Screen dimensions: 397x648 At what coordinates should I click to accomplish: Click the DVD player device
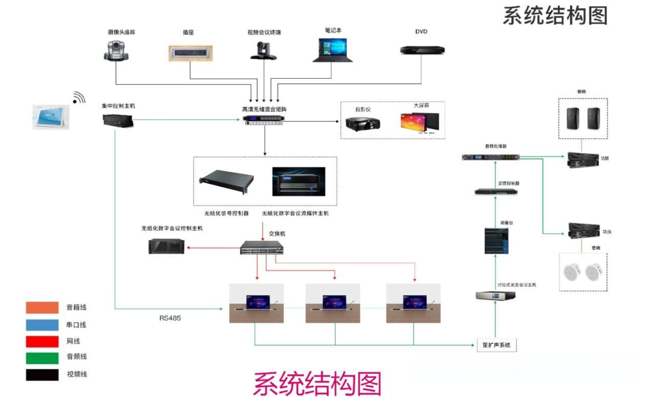tap(422, 50)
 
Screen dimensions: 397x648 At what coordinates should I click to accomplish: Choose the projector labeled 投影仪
tap(362, 123)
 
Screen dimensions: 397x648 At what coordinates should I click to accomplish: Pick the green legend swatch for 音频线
tap(42, 358)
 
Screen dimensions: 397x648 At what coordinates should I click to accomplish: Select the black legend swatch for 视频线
tap(42, 374)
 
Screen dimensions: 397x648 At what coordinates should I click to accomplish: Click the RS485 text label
tap(170, 318)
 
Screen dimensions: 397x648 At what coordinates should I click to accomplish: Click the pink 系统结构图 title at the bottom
tap(317, 383)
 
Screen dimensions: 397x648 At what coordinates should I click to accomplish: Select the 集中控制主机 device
tap(118, 121)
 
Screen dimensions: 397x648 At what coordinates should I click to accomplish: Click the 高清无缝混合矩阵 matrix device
tap(265, 120)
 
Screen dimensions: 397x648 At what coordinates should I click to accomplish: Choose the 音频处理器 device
tap(490, 157)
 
